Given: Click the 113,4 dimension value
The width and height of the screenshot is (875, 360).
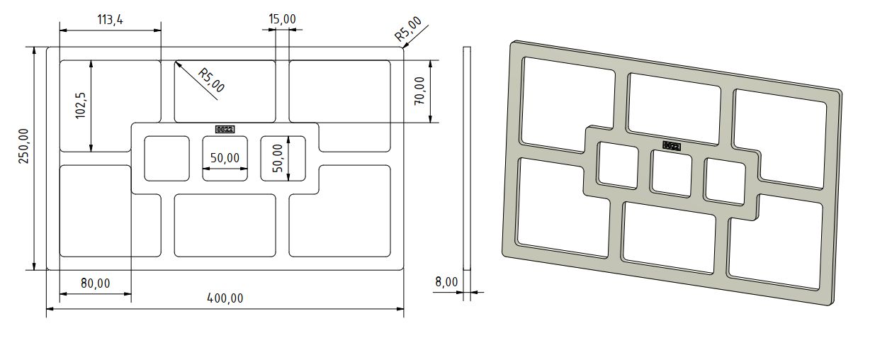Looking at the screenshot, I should (110, 20).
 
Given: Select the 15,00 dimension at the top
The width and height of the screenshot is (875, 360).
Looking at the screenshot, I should (282, 18).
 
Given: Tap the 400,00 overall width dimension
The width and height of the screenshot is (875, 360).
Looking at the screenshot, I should (226, 298).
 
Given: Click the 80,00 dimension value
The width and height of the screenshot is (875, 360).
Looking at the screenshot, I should (95, 283).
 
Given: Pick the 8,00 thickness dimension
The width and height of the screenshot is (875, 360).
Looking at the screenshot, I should (446, 282).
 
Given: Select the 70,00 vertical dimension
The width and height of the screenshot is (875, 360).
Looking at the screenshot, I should (420, 91).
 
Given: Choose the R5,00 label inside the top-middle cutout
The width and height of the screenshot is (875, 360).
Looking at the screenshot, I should (210, 80).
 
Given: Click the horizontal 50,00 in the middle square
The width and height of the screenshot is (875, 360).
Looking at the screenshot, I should (225, 157).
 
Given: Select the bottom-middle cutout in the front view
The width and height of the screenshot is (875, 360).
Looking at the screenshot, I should (225, 225).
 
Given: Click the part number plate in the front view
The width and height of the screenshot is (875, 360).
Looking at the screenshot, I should (225, 129).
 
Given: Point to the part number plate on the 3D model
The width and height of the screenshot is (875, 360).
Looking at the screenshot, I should (672, 146).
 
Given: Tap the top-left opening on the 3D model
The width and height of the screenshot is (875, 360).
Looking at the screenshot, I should (567, 103).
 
